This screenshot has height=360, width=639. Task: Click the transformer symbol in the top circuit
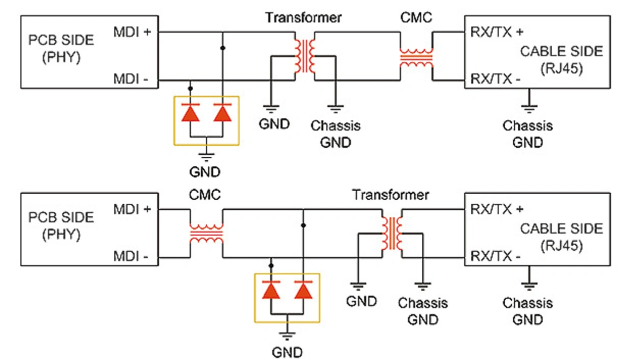tap(304, 56)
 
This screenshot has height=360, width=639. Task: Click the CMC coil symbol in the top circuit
tap(416, 58)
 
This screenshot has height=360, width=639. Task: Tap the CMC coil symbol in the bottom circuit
tap(206, 233)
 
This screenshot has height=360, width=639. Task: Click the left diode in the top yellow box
tap(190, 113)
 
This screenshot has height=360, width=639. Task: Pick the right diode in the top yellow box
tap(223, 113)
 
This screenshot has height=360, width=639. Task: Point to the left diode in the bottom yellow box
tap(271, 290)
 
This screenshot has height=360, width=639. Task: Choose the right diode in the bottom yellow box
tap(303, 290)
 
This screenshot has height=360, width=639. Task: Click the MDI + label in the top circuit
tap(132, 32)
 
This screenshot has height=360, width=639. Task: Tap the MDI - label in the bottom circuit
tap(132, 257)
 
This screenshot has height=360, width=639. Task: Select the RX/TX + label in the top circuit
tap(497, 32)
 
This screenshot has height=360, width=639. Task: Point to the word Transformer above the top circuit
tap(304, 17)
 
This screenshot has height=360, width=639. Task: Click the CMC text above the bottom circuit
tap(205, 194)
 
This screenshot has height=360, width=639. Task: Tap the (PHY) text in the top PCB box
tap(61, 57)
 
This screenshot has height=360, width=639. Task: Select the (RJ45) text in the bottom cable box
tap(562, 246)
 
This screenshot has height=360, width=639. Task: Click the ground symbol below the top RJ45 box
tap(528, 107)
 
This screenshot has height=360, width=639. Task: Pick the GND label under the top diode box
tap(205, 172)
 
